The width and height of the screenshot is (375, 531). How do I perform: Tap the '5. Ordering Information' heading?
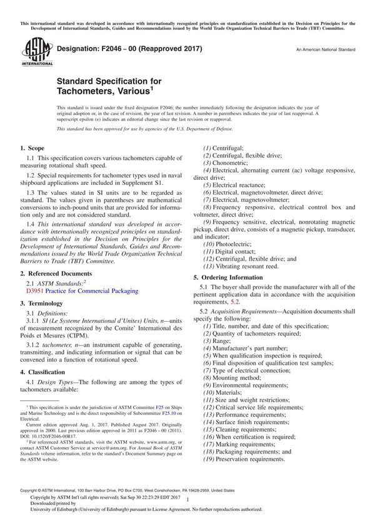coord(232,277)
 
